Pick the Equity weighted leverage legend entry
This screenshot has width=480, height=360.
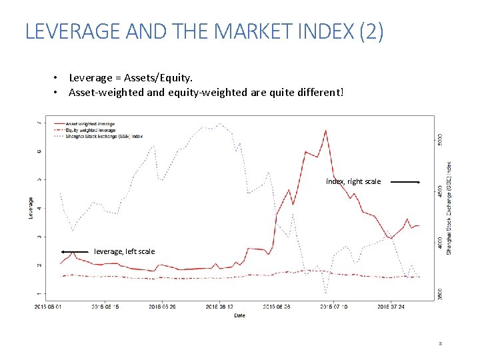(x=91, y=130)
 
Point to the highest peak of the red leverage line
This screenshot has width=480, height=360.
(x=325, y=131)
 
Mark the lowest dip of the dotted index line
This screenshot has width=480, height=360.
(x=325, y=293)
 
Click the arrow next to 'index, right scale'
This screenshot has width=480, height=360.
(x=404, y=181)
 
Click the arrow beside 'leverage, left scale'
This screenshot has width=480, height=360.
(x=75, y=251)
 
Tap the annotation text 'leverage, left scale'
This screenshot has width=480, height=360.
(x=125, y=251)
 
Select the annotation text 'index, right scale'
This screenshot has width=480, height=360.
(x=353, y=181)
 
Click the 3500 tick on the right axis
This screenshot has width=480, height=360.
(x=439, y=293)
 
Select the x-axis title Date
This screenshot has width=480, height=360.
(x=239, y=315)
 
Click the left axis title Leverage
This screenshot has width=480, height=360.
(x=30, y=208)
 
